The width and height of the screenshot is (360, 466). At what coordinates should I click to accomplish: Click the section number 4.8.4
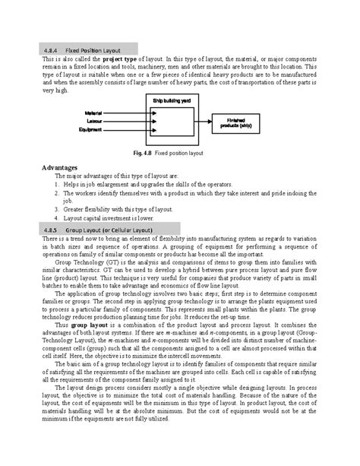52,49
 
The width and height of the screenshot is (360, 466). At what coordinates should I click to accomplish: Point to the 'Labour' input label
94,121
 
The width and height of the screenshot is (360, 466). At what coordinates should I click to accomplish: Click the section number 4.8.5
52,229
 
